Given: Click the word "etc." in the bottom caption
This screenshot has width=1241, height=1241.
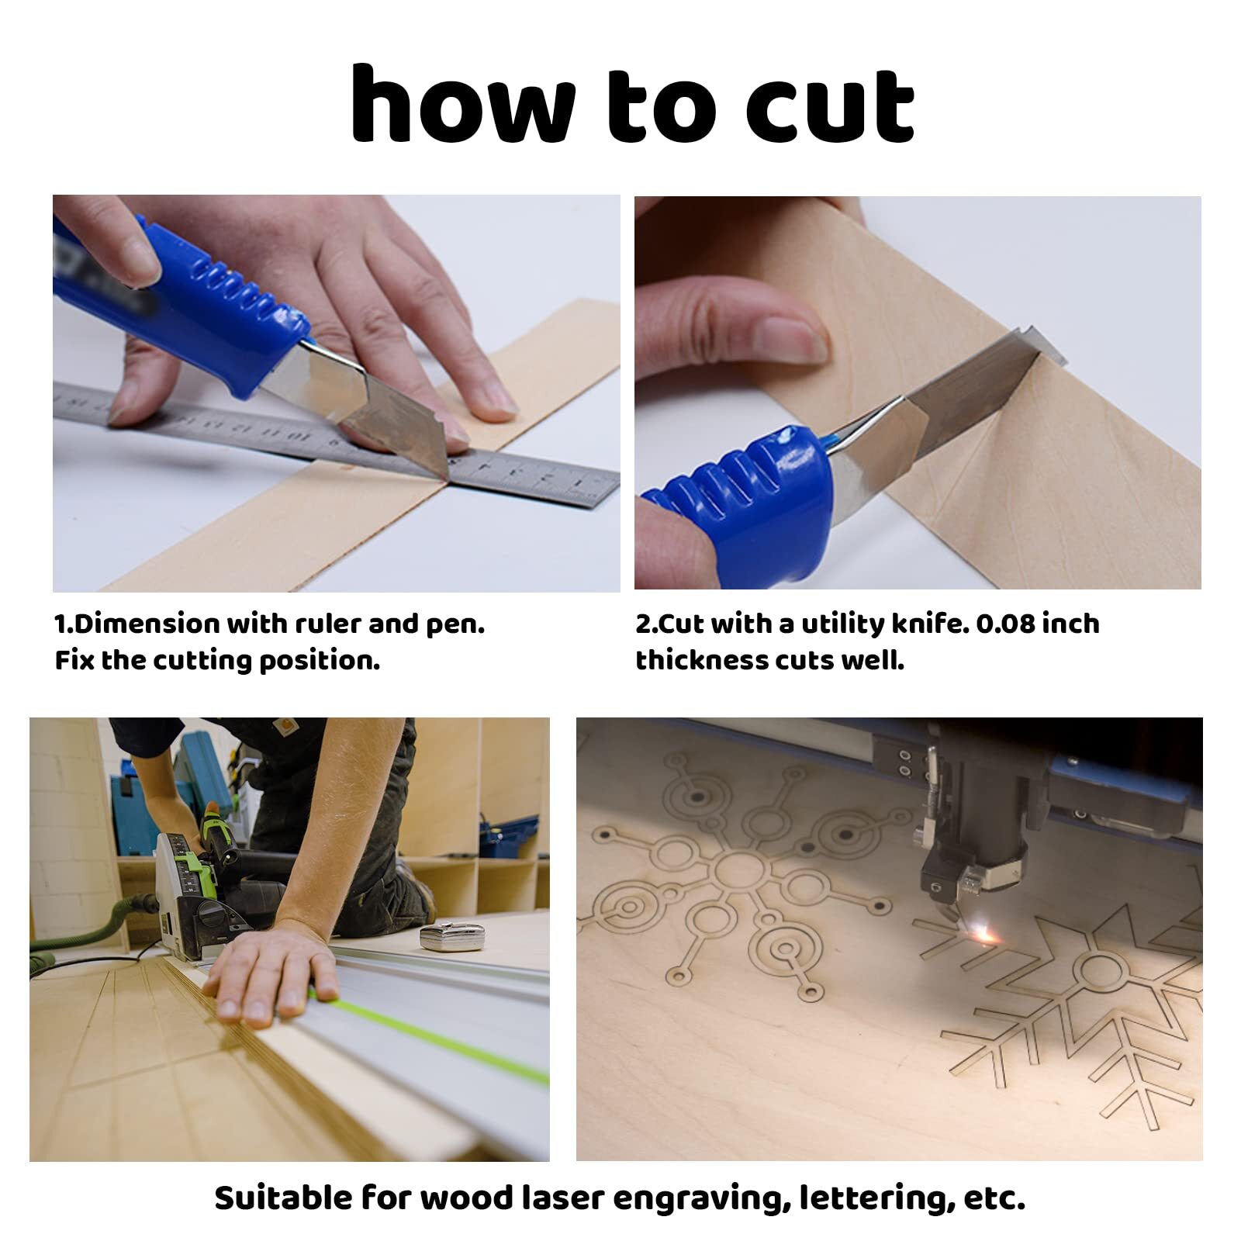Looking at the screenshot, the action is click(x=994, y=1199).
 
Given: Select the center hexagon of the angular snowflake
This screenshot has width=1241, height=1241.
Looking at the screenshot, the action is click(x=1098, y=972).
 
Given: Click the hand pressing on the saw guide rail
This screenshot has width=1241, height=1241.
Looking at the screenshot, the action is click(x=271, y=970).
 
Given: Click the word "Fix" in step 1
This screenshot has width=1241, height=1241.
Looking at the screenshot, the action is click(x=74, y=660).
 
